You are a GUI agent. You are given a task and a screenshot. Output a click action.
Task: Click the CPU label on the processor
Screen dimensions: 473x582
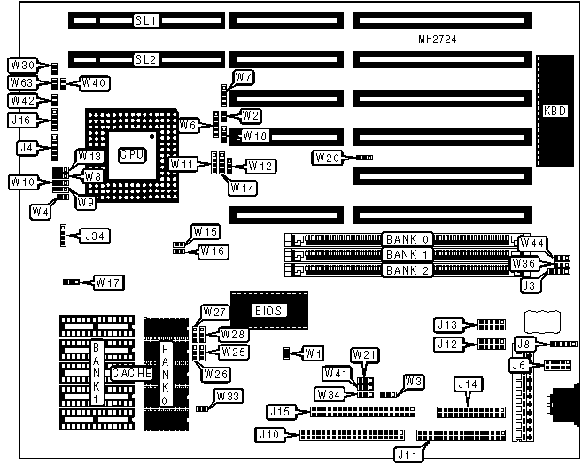129,153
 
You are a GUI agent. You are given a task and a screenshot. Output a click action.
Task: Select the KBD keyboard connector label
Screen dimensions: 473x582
555,112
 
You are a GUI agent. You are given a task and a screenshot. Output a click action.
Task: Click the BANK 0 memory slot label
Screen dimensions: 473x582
407,239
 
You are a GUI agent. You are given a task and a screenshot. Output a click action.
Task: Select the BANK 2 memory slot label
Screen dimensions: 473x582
407,269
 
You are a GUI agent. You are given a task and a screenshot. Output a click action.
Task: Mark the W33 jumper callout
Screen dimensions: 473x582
229,396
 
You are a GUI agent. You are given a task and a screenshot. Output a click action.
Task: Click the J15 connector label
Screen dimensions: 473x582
280,411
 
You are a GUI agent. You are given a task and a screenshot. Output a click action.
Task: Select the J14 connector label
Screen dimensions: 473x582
467,384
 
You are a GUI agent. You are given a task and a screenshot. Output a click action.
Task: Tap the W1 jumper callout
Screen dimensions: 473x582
311,353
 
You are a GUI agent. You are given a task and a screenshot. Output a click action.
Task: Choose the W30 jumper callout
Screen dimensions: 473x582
21,65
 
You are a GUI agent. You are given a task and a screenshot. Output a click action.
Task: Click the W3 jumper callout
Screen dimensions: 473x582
413,381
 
